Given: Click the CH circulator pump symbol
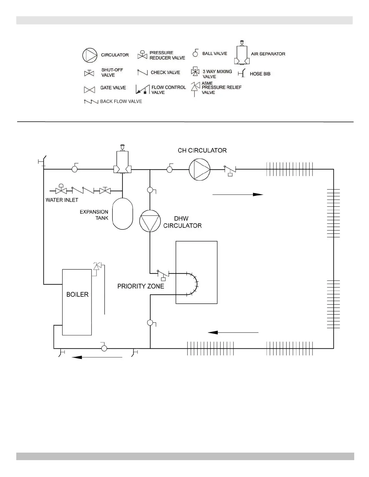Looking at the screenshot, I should point(200,170).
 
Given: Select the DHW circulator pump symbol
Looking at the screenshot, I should point(150,221).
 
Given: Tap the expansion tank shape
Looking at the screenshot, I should point(122,213).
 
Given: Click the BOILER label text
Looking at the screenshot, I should point(77,295).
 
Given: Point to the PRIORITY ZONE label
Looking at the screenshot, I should point(141,286).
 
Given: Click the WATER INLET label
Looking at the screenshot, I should point(62,200).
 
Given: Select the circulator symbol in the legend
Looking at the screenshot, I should point(90,55).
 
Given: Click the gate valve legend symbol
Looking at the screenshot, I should point(89,89).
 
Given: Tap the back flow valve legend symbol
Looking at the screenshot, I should point(91,102).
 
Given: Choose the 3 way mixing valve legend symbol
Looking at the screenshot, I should point(195,72).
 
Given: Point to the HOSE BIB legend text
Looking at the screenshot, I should point(260,74).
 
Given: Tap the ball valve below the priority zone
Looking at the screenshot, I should point(150,323).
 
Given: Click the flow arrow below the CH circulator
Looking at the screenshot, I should point(238,195).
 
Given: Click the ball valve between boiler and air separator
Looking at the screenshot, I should point(75,169).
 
